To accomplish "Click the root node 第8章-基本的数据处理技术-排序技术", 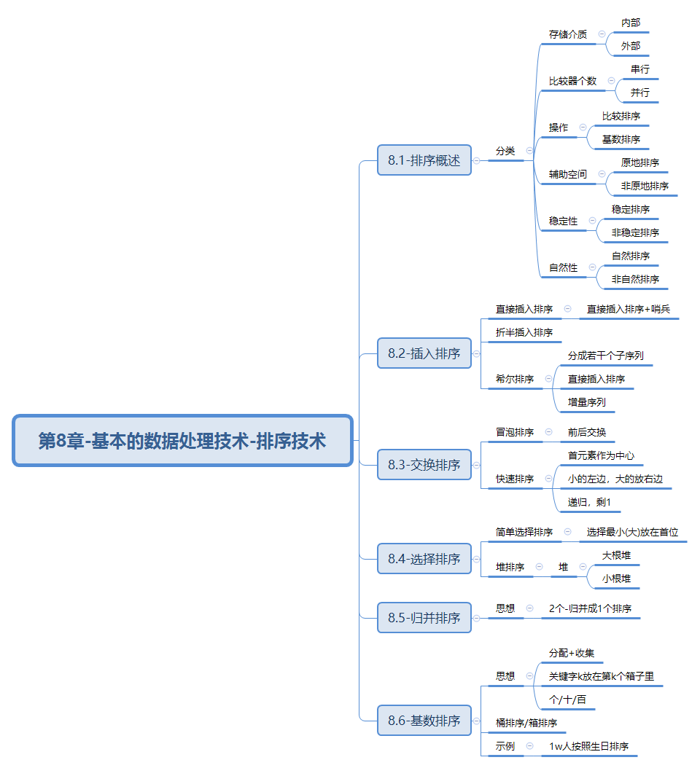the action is point(182,440).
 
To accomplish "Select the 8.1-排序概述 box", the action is point(424,160).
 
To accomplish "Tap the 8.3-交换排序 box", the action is point(424,464).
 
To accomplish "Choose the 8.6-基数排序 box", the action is point(424,720).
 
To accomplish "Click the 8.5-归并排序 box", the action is point(424,618).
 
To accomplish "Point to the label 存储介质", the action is point(567,34).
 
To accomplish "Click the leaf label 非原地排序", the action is point(645,186).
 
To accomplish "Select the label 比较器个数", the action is point(572,81).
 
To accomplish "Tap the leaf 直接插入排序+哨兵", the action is point(629,309).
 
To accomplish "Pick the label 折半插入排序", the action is point(524,332).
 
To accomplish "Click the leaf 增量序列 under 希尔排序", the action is point(587,402).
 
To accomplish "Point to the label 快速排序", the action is point(515,479).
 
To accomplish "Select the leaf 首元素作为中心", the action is point(601,455).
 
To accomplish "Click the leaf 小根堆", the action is point(616,579).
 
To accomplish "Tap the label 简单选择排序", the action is point(524,532).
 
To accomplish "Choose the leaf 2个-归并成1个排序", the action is point(590,608).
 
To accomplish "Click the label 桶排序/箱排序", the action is point(526,723).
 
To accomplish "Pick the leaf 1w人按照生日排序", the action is point(588,746).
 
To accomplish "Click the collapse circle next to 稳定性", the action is point(592,220).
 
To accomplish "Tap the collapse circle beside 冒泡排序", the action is point(548,431).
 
